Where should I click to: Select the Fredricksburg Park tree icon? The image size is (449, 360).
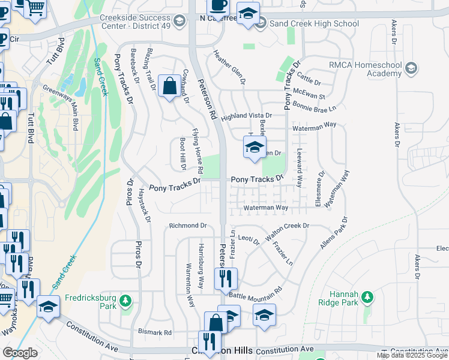[125, 300]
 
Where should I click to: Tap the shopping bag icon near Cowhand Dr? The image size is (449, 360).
[170, 86]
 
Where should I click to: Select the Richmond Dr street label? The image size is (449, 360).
[187, 226]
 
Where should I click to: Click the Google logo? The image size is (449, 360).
[20, 353]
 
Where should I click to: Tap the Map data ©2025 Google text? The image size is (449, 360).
[412, 355]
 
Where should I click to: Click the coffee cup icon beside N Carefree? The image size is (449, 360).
[218, 5]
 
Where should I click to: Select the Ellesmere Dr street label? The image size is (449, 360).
[320, 190]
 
